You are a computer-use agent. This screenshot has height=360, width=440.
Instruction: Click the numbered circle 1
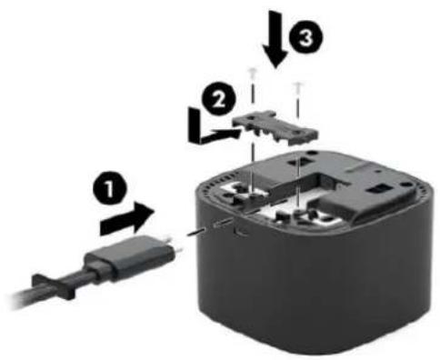(109, 190)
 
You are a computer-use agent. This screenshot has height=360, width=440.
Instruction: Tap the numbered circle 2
(218, 99)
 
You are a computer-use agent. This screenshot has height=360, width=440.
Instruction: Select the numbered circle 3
(305, 38)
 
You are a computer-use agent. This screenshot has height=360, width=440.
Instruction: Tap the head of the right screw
(298, 84)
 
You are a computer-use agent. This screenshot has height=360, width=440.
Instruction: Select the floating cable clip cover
(275, 127)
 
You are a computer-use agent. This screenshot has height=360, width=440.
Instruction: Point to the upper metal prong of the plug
(167, 239)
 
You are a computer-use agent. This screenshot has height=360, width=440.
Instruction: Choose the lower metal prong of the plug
(179, 250)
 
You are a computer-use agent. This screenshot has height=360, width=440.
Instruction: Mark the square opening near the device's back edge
(295, 161)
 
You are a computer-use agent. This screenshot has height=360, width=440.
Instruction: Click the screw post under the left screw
(254, 197)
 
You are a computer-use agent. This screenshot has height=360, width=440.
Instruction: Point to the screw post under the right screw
(298, 214)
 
